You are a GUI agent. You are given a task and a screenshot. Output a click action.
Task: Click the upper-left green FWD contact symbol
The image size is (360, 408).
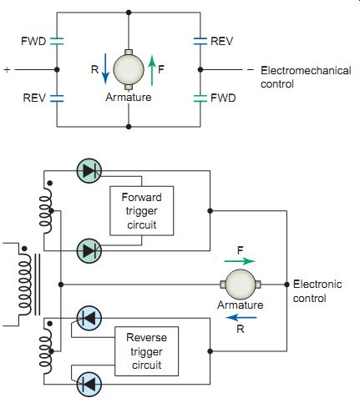tap(57, 41)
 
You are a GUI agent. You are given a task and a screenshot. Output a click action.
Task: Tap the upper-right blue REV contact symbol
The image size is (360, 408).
tap(200, 41)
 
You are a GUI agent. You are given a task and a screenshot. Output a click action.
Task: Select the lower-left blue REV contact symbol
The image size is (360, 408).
tap(57, 98)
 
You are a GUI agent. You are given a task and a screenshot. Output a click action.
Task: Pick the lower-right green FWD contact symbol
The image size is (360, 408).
tap(200, 98)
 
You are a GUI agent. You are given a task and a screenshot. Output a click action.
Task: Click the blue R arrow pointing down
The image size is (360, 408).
tap(105, 69)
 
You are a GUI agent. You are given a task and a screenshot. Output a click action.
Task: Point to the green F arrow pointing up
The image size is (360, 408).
tap(152, 70)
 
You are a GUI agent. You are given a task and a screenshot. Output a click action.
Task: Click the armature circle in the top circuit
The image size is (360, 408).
tap(129, 69)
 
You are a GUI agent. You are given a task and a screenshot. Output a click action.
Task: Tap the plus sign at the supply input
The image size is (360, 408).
tap(7, 69)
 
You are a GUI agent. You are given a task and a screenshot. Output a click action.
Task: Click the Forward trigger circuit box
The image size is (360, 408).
tap(142, 211)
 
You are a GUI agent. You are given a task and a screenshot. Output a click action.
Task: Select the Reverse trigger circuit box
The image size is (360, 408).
tap(147, 351)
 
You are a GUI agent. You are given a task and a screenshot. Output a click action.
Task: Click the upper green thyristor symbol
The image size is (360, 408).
tap(89, 171)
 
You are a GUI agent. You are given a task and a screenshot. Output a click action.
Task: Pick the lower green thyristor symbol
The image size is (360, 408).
tap(89, 251)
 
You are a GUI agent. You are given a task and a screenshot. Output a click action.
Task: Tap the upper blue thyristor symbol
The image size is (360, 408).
tap(89, 318)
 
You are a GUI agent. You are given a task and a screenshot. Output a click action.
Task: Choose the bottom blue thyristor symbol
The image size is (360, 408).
tap(89, 385)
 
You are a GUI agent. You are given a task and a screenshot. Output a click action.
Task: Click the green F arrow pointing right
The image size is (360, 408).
tap(240, 261)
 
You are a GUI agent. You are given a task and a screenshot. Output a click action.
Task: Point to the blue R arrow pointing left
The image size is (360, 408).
tap(241, 317)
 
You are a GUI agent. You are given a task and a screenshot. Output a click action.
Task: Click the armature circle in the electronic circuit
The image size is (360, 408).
tap(240, 285)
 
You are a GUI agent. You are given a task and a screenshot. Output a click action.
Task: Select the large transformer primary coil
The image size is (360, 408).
tap(25, 284)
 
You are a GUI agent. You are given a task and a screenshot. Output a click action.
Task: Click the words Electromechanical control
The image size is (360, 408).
tap(306, 77)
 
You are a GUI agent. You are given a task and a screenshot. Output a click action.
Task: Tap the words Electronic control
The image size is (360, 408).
tap(317, 291)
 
